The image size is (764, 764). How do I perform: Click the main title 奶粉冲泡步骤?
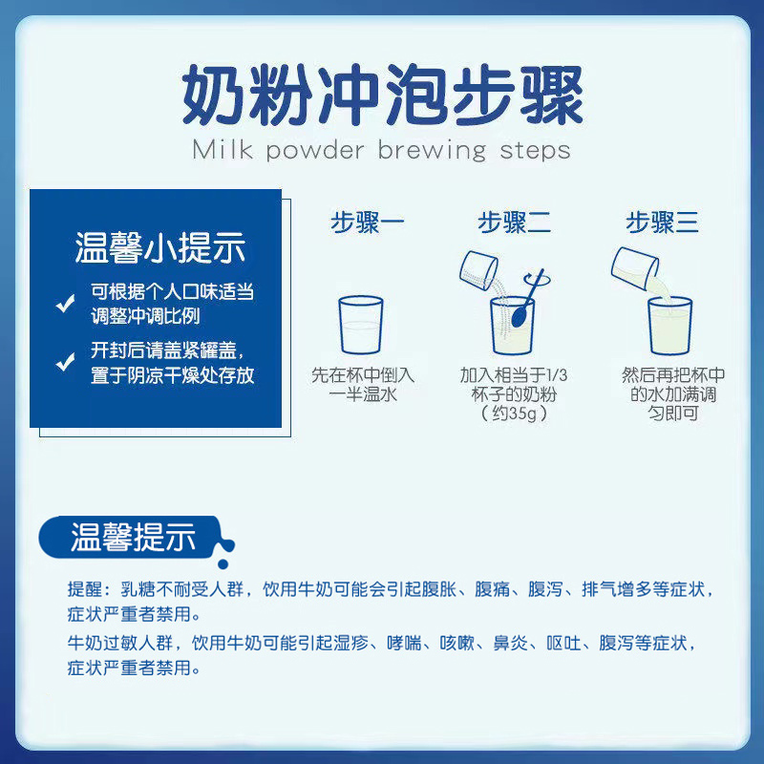coord(382,93)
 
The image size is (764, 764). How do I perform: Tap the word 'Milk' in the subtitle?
coord(221,150)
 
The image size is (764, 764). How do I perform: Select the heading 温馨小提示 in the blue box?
coord(160,247)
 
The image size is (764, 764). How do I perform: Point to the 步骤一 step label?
coord(368,223)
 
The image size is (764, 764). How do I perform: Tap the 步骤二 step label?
coord(515,223)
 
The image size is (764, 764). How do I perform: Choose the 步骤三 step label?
coord(663,223)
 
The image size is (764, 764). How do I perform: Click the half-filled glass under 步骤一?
coord(361,327)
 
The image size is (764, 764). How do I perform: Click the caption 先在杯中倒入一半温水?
coord(363,385)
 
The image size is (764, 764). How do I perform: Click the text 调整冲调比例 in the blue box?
coord(146,317)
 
